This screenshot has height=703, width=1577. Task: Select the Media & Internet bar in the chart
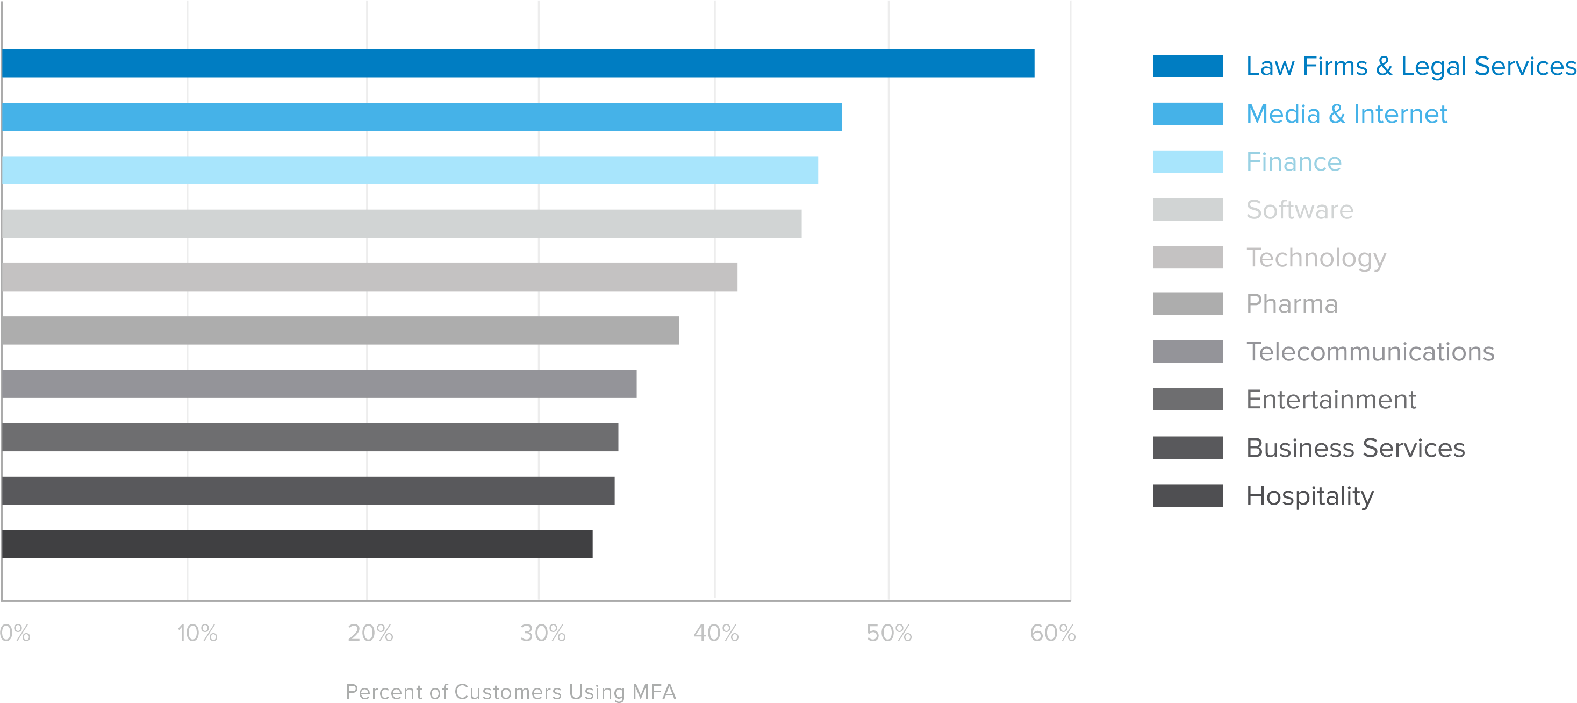[x=422, y=117]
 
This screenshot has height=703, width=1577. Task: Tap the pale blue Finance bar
[x=410, y=171]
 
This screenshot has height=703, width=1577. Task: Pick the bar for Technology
[x=369, y=277]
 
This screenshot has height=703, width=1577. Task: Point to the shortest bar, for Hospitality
[x=297, y=544]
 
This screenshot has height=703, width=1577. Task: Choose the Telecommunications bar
[x=319, y=384]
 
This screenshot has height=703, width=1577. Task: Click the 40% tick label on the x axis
[x=715, y=633]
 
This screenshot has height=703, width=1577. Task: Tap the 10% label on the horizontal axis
[x=197, y=633]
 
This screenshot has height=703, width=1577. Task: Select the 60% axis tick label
[x=1052, y=633]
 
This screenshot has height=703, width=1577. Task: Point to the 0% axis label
[x=15, y=633]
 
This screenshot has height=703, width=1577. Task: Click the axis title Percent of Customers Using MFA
[x=511, y=691]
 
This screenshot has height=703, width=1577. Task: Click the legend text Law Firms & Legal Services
[x=1410, y=66]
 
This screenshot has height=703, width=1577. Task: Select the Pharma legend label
[x=1292, y=304]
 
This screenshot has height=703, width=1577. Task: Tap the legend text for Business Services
[x=1356, y=448]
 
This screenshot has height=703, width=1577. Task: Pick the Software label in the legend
[x=1300, y=209]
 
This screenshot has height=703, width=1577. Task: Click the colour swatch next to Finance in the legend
[x=1188, y=162]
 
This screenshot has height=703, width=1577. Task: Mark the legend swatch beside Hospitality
[x=1188, y=495]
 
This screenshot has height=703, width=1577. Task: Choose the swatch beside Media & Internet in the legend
[x=1188, y=114]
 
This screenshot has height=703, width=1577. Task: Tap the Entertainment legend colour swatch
[x=1188, y=399]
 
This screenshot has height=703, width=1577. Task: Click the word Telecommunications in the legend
[x=1370, y=352]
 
